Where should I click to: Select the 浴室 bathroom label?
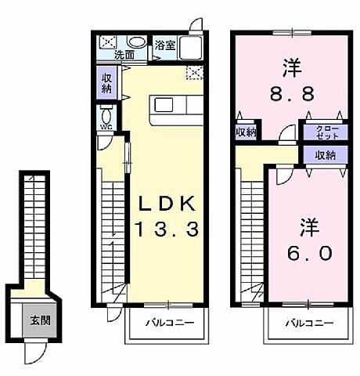tap(164, 45)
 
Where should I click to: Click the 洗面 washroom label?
tap(124, 56)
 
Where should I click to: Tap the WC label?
tap(106, 127)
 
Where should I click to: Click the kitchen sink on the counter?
tap(165, 105)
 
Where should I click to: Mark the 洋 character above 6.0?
tap(305, 228)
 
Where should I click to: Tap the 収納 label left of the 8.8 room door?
tap(246, 132)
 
